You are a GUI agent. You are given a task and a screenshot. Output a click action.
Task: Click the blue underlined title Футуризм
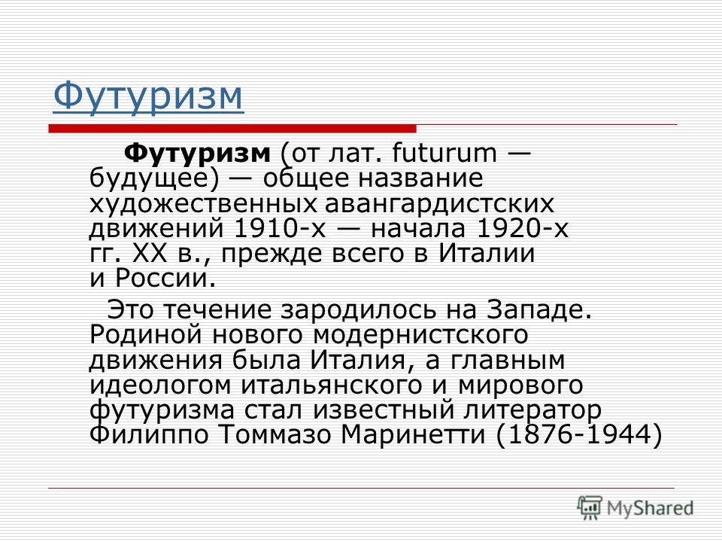[x=148, y=96]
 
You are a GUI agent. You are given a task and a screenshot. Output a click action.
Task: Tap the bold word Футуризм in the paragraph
[x=197, y=153]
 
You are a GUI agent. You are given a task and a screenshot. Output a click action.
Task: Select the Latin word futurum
[x=444, y=153]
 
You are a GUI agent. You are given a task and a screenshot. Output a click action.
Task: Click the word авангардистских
[x=439, y=203]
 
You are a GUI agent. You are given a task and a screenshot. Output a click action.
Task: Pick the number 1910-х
[x=280, y=228]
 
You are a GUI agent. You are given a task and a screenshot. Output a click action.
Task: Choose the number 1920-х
[x=523, y=228]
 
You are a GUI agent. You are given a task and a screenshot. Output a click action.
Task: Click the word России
[x=165, y=278]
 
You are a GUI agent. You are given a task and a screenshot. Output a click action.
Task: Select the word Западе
[x=538, y=309]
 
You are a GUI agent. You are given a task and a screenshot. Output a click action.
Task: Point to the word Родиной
[x=146, y=334]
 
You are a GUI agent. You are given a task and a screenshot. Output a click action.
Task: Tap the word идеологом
[x=160, y=385]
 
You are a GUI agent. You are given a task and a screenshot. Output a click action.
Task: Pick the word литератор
[x=532, y=410]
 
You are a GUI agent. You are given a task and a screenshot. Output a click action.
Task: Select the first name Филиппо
[x=149, y=434]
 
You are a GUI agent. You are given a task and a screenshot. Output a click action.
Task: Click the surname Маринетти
[x=414, y=434]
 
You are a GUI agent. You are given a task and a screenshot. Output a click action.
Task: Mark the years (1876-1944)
[x=579, y=434]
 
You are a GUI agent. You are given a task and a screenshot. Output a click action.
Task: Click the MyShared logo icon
[x=590, y=507]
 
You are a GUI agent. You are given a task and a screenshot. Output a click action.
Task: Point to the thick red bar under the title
[x=232, y=128]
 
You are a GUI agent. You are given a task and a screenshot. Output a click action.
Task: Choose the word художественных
[x=203, y=203]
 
